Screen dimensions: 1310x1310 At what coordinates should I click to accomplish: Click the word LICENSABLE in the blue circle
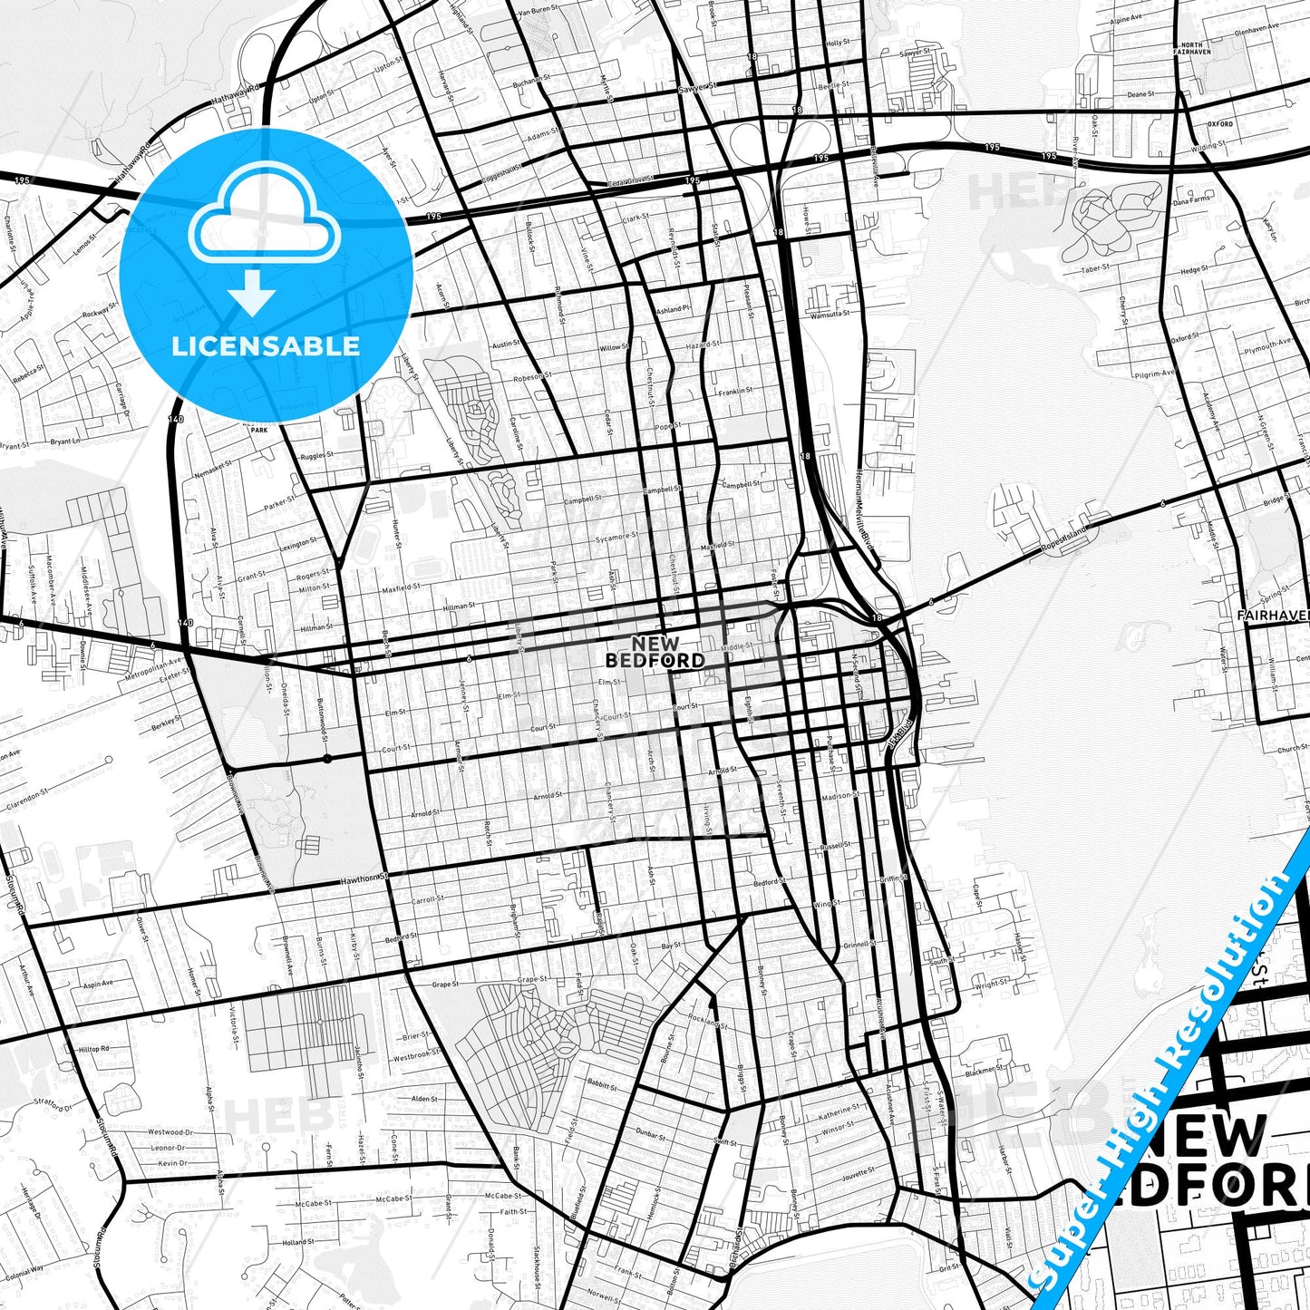(266, 345)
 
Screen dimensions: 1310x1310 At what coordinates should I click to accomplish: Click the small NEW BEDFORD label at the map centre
(655, 653)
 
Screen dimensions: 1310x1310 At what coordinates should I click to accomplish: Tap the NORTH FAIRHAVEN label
(1190, 49)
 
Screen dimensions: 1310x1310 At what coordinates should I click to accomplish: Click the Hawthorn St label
(364, 878)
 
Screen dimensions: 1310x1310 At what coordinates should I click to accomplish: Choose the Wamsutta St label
(829, 314)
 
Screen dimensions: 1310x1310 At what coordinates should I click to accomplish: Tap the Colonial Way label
(24, 1270)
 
